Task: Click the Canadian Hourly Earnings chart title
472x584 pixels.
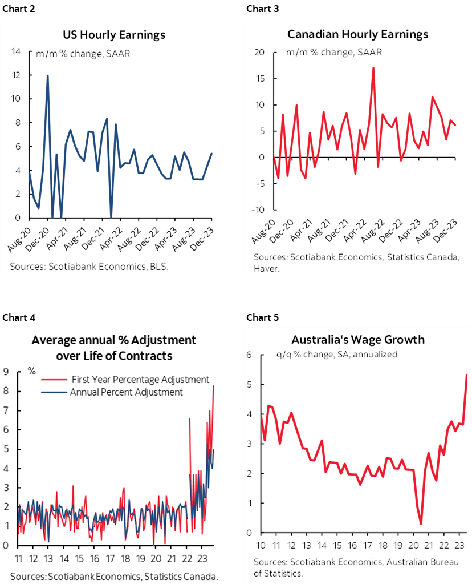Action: (357, 34)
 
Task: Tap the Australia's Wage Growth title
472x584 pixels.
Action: (357, 340)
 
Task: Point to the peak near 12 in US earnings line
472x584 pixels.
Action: (47, 75)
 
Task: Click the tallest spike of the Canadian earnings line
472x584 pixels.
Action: (373, 68)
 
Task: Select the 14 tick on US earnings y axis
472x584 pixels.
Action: (16, 51)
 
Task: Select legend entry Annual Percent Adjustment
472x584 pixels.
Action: (126, 392)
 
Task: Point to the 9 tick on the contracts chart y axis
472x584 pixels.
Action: (5, 372)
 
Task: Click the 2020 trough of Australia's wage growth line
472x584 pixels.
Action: (421, 523)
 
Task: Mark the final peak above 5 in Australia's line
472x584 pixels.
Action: (467, 375)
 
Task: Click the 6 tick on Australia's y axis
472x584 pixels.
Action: (249, 355)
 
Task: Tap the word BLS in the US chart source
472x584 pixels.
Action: (159, 267)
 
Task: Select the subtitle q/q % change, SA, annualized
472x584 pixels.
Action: (336, 354)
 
